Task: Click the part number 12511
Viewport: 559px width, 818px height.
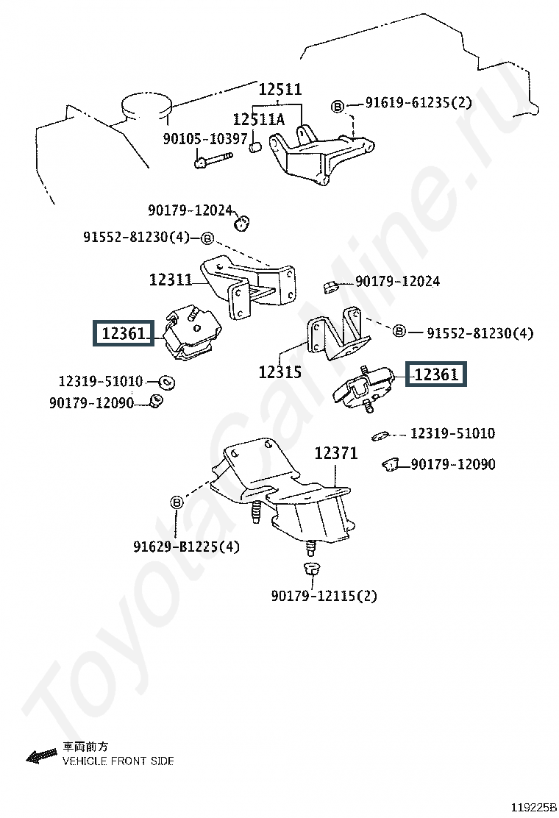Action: point(280,89)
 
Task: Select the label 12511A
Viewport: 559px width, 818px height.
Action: point(259,119)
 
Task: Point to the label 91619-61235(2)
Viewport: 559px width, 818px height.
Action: point(419,102)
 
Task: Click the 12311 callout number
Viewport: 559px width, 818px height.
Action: point(171,280)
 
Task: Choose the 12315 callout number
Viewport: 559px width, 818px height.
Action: point(280,372)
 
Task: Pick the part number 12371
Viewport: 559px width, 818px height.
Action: point(336,453)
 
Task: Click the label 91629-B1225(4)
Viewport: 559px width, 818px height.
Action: point(186,547)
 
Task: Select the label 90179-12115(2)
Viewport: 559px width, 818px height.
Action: point(324,595)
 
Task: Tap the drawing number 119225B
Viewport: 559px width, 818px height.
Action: point(533,808)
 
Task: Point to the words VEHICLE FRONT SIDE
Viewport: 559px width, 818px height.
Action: point(118,761)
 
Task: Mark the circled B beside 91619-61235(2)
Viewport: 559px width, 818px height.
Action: point(338,107)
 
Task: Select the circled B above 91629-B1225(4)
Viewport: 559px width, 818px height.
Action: point(177,502)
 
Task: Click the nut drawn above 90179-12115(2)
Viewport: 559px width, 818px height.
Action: point(311,568)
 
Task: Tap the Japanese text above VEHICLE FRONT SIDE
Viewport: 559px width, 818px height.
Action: point(85,747)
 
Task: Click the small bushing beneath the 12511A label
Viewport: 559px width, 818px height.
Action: point(254,146)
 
